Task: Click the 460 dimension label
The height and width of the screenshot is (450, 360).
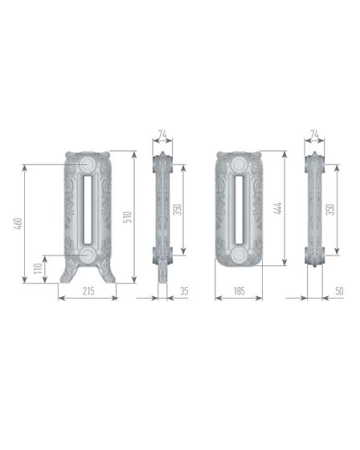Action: [18, 224]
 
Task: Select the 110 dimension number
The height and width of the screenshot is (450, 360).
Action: [38, 268]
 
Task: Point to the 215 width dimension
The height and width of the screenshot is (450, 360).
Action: [88, 291]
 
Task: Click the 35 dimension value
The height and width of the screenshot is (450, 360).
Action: [184, 291]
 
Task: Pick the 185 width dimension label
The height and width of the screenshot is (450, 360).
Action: [239, 291]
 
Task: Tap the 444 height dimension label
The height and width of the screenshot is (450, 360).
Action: [278, 208]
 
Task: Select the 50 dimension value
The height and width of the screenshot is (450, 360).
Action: [339, 291]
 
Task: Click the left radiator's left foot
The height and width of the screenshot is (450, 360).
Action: [67, 272]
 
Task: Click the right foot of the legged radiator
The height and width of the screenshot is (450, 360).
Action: [108, 272]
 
